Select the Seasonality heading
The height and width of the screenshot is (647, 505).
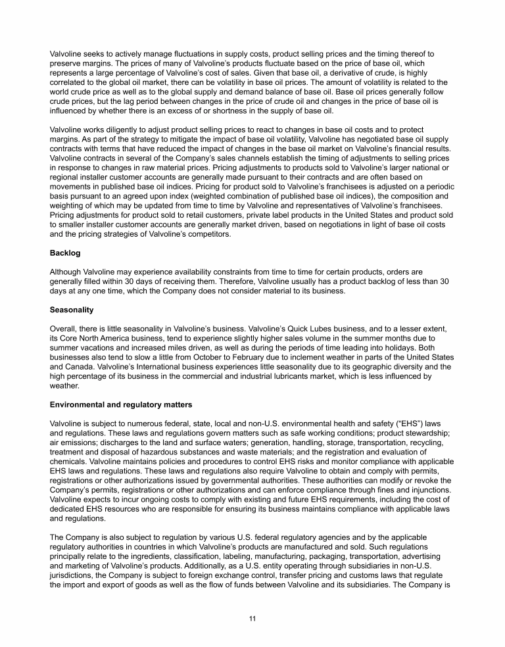pyautogui.click(x=72, y=310)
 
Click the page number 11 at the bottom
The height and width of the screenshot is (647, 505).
pyautogui.click(x=252, y=618)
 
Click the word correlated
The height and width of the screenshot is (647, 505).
pyautogui.click(x=69, y=82)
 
